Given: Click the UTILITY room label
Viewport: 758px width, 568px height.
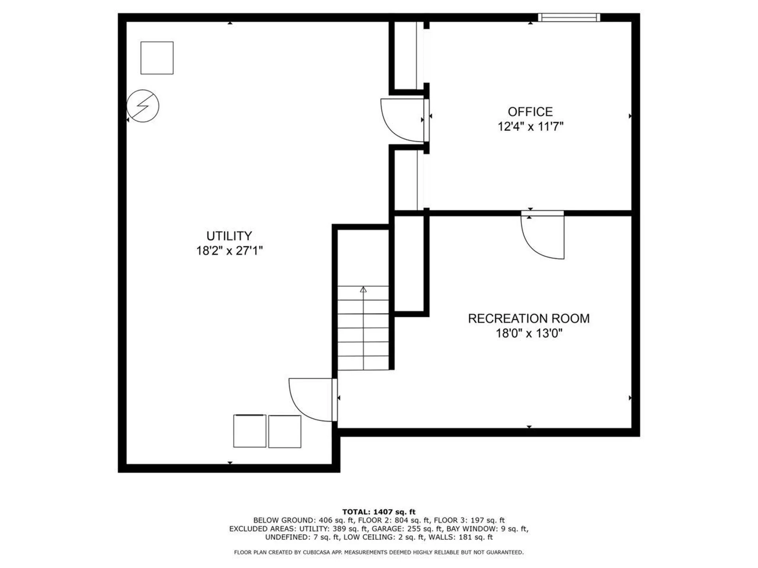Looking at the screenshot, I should point(229,236).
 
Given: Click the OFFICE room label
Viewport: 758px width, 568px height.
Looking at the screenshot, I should point(530,112).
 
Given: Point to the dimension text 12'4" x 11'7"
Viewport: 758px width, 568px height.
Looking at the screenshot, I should point(530,127).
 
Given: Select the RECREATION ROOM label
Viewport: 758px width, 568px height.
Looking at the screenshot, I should point(529,319).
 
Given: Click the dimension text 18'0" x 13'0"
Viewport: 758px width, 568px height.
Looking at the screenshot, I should point(529,334).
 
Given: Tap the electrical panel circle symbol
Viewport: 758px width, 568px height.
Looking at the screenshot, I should point(143,106).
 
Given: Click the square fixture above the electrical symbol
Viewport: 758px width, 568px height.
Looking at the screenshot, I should point(157,58).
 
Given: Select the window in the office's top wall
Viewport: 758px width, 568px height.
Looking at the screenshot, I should point(569,17).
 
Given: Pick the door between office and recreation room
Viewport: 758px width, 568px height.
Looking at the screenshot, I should point(543,235).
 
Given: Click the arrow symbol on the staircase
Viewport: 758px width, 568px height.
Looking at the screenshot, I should point(363,290).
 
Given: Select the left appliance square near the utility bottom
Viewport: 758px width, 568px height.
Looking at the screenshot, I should point(250,431).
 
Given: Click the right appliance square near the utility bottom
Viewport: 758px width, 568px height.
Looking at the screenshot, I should point(285,432).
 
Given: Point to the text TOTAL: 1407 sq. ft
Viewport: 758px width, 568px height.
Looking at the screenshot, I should point(379,512).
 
